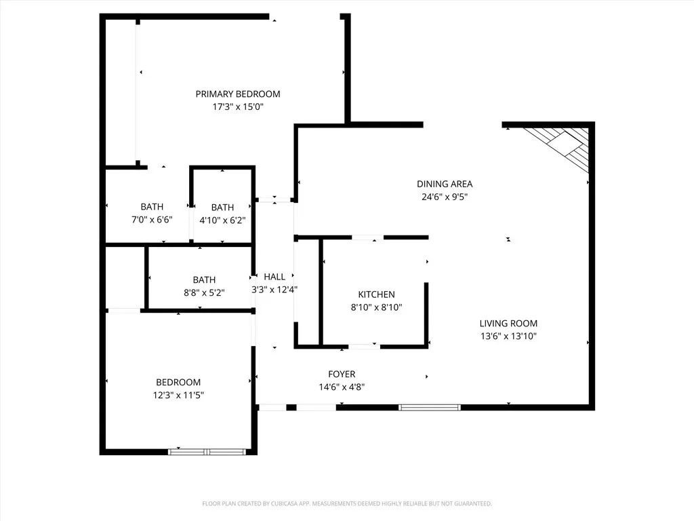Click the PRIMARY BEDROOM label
pos(238,94)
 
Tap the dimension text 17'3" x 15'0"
pos(238,107)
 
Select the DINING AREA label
pos(445,184)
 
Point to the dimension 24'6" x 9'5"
pos(445,197)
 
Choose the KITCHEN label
pos(376,294)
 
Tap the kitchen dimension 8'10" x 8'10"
pos(376,307)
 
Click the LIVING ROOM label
pos(508,324)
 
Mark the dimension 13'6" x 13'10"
pos(508,336)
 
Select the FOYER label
pos(342,374)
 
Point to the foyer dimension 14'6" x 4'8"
pos(342,387)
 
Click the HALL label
pos(274,277)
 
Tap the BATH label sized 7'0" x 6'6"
pos(152,207)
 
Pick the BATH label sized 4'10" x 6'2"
pos(222,208)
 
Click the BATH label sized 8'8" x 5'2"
pos(204,279)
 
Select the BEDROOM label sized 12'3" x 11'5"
pos(178,382)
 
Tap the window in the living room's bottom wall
pos(430,407)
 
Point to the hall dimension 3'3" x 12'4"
pos(274,289)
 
